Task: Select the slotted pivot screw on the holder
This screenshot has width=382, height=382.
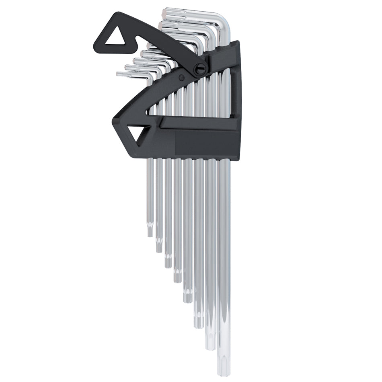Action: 200,70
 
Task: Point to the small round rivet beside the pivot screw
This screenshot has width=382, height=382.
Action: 181,77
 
